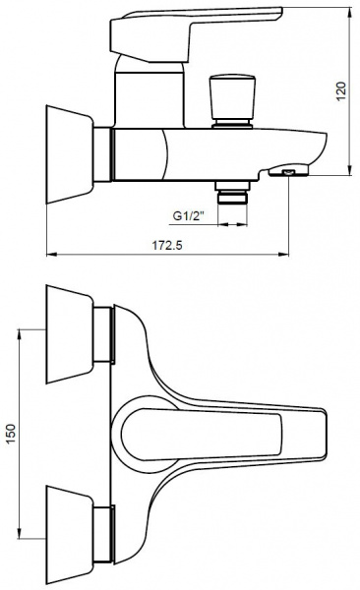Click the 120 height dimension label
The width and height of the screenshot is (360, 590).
coord(340,91)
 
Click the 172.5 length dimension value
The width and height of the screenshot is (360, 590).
coord(167,245)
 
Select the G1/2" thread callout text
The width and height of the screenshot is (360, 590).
coord(188,216)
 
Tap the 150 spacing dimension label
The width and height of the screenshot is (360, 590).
coord(11,433)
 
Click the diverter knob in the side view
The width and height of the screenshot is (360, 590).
coord(232,101)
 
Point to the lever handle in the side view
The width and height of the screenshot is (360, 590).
coord(196,33)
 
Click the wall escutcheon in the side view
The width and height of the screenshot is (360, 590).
coord(70,154)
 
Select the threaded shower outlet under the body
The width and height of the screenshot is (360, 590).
coord(232,193)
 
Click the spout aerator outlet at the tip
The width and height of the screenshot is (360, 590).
coord(288,171)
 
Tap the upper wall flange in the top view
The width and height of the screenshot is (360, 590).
coord(70,334)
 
